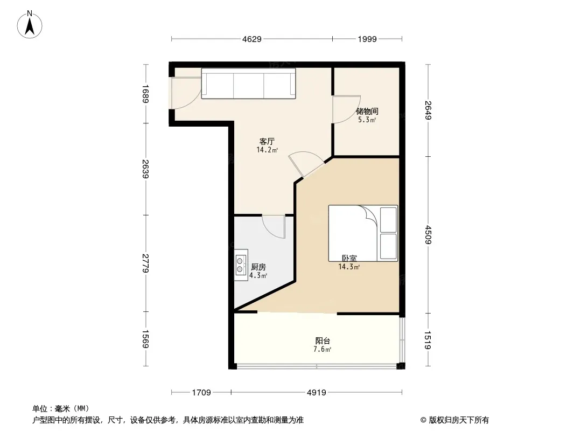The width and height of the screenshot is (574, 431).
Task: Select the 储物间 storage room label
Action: (367, 112)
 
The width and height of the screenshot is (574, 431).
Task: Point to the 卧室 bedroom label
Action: (349, 258)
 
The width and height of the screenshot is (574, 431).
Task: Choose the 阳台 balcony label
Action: (323, 340)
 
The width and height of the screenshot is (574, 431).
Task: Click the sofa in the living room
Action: (249, 84)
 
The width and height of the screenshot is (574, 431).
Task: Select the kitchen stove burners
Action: (240, 263)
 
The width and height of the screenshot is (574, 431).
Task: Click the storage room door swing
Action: (345, 109)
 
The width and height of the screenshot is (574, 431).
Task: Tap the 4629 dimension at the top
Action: (251, 39)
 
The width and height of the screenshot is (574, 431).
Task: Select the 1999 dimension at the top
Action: (367, 39)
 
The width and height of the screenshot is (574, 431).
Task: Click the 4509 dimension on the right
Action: (429, 235)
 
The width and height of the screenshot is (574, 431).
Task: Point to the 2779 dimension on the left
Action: (145, 263)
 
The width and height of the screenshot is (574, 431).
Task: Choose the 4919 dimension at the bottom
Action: (317, 392)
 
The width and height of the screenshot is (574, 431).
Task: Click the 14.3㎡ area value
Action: (349, 266)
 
